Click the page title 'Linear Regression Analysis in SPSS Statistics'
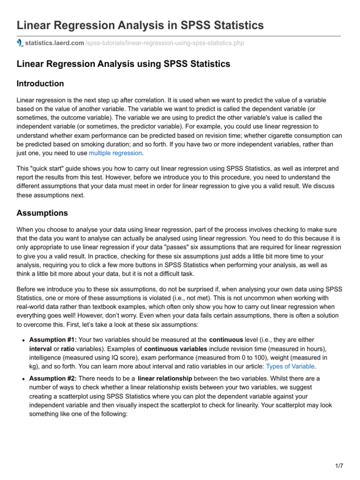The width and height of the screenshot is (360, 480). coord(140,25)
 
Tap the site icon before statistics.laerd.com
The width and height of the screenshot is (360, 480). coord(20,43)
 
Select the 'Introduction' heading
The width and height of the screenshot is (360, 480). coord(40,83)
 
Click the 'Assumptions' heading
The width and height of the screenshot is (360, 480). coord(42,213)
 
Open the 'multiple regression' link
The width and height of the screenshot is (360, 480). coord(115,153)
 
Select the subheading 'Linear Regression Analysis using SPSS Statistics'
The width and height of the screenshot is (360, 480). coord(123,64)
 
